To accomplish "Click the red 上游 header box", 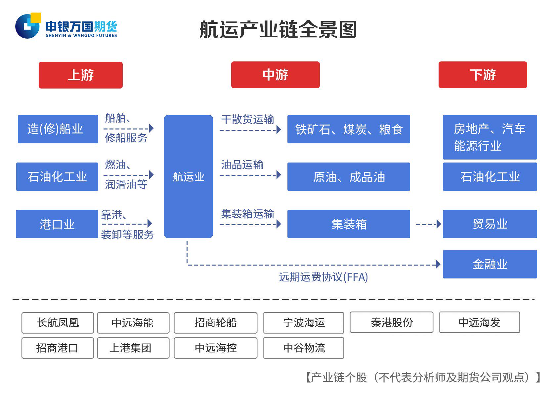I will (80, 75).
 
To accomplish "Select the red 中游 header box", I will (275, 75).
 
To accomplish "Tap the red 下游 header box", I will (483, 75).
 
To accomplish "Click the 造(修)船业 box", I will (58, 129).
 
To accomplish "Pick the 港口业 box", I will (57, 224).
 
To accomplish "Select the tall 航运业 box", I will (188, 176).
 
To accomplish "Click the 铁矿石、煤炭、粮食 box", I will (349, 129).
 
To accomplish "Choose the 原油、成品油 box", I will (349, 177).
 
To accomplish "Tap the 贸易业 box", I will (490, 224).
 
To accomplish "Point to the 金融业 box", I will (490, 264).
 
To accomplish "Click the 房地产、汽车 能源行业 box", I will (490, 137).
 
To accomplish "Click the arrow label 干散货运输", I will (247, 119).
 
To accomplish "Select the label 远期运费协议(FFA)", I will (323, 277).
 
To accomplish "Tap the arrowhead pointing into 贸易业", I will (439, 224).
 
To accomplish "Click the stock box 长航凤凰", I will (58, 322).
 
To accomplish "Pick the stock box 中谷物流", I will (304, 348).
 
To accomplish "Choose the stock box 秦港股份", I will (391, 322).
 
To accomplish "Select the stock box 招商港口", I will (58, 348).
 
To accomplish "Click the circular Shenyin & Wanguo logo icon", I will (27, 26).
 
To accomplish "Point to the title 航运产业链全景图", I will (278, 29).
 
